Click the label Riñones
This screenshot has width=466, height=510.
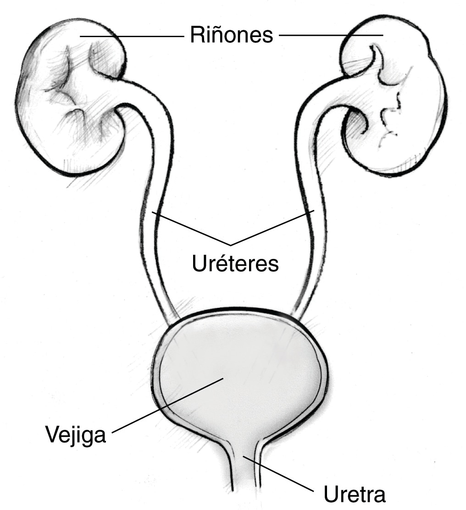[x=231, y=34]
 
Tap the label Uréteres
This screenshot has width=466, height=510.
[x=235, y=263]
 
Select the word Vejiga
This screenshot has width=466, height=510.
[x=76, y=435]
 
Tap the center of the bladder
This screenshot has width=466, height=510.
[x=239, y=374]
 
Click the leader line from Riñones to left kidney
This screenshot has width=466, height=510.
[x=132, y=37]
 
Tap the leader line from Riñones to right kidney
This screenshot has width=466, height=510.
[x=331, y=34]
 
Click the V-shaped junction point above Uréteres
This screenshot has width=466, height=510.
[x=231, y=244]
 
